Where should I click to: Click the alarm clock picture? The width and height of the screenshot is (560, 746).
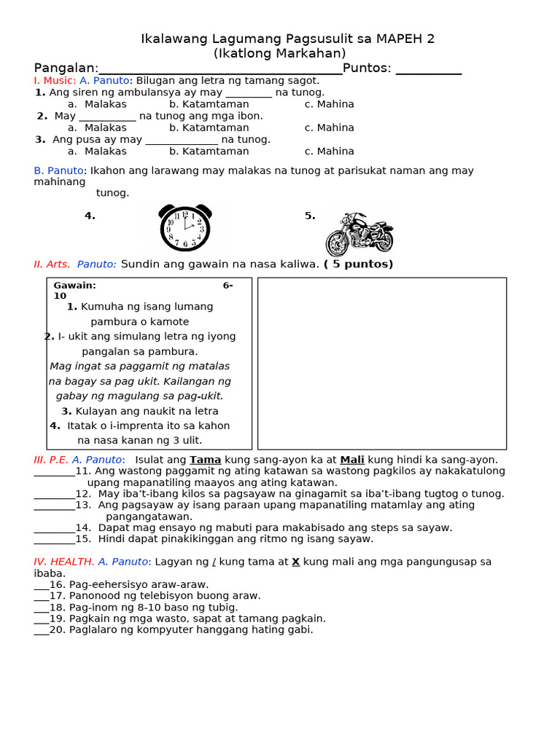[185, 227]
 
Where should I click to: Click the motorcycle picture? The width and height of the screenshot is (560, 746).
[359, 233]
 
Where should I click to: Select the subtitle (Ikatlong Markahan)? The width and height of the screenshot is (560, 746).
[280, 53]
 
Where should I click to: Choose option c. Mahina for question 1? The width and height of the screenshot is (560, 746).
[329, 104]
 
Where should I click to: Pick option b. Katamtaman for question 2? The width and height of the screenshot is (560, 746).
[209, 127]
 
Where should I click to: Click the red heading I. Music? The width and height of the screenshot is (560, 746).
[55, 80]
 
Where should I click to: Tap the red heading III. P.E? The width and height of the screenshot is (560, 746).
[50, 460]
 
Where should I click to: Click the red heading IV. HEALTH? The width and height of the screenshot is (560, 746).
[64, 562]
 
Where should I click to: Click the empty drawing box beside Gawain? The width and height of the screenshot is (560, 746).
[381, 363]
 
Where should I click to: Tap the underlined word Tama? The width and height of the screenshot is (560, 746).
[205, 460]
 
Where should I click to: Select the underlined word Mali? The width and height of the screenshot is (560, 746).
[352, 460]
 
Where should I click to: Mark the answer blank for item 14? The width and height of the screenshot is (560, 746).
[54, 528]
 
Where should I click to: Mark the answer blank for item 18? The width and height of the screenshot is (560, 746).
[41, 608]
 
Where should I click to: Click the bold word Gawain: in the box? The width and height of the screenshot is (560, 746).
[74, 286]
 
